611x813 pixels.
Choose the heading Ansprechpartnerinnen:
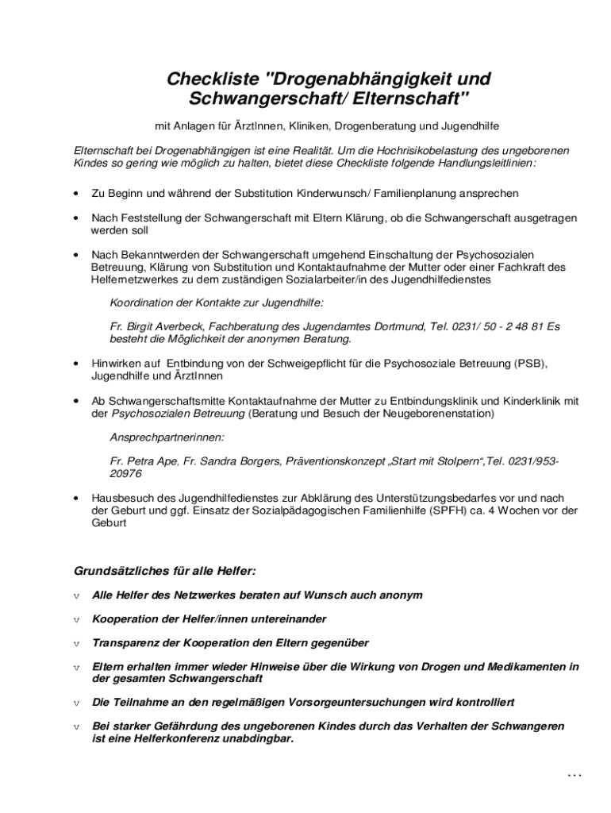pos(167,437)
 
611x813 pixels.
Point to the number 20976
pos(126,474)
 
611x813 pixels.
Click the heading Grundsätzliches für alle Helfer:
pos(165,571)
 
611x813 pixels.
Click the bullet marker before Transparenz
pos(77,643)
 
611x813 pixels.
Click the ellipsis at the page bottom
pos(575,775)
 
